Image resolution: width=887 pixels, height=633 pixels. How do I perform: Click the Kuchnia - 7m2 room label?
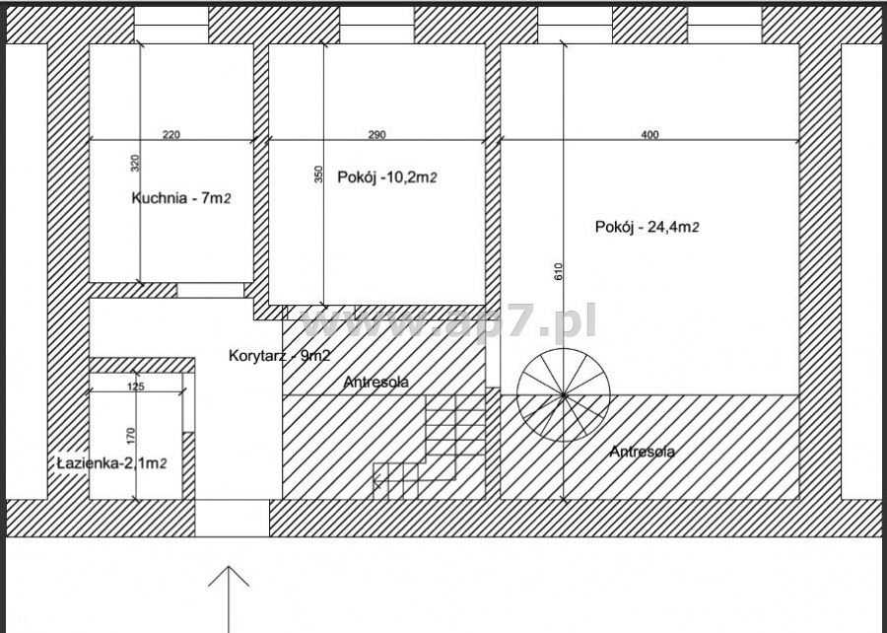[181, 198]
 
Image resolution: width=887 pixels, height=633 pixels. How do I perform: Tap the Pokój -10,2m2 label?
[387, 177]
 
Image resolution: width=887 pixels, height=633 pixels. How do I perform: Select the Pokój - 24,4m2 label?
[648, 227]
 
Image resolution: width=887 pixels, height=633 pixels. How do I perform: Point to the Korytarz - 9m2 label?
[280, 356]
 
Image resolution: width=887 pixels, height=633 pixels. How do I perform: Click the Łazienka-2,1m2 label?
[112, 463]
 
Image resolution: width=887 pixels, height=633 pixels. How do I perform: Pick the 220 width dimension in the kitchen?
[171, 135]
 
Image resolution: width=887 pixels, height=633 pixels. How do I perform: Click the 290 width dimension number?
[376, 135]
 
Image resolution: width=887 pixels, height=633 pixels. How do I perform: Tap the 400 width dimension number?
[650, 135]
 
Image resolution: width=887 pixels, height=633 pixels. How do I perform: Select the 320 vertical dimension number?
[135, 163]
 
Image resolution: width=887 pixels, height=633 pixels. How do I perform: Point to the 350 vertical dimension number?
[318, 174]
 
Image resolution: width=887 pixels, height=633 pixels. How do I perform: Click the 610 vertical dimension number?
[559, 272]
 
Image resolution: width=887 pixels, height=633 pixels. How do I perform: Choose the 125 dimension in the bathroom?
[136, 387]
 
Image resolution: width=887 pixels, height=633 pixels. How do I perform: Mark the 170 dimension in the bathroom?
[131, 435]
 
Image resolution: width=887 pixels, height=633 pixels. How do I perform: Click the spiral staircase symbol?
[564, 395]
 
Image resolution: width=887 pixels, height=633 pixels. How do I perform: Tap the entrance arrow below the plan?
[229, 599]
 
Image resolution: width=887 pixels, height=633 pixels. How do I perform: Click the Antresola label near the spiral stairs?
[642, 452]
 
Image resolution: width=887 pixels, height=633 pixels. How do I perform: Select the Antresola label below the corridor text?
[376, 382]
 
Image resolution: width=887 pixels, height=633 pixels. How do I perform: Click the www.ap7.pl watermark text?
[448, 321]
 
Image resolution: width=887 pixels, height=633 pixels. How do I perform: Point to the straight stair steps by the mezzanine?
[429, 447]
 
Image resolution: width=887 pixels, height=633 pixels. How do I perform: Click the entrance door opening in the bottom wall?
[232, 519]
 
